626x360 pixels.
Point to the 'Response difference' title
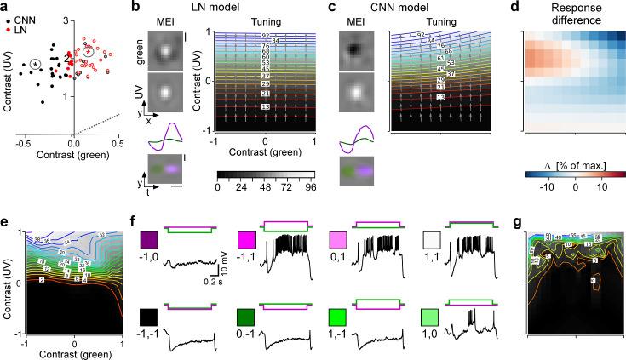click(x=570, y=14)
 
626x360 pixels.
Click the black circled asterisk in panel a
click(x=35, y=64)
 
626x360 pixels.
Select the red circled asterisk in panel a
click(x=89, y=52)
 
